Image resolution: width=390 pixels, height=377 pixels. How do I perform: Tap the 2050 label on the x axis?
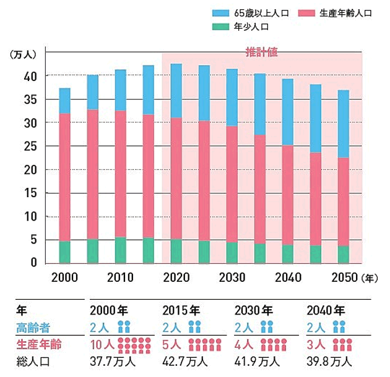click(344, 276)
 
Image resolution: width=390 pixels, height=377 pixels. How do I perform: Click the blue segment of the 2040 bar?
click(287, 112)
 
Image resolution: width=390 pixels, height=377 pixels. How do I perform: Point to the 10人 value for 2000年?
click(100, 344)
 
